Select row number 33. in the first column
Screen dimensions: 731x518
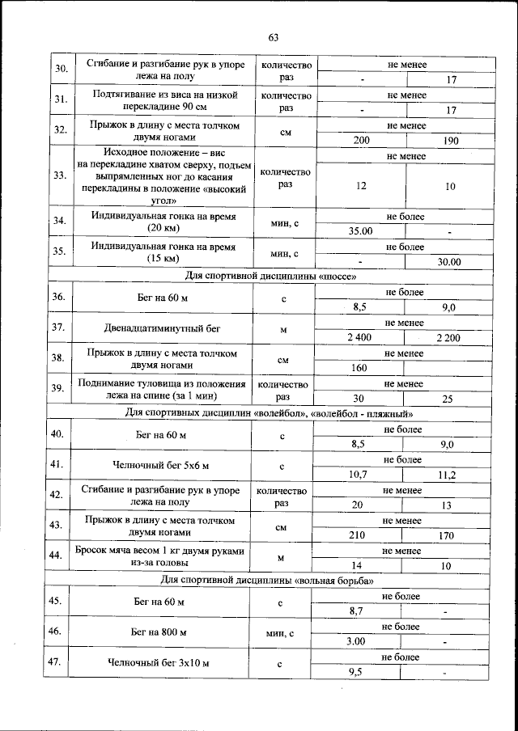[x=59, y=175]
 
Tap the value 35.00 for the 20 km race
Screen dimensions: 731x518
[x=359, y=231]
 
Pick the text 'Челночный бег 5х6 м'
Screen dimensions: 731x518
[x=160, y=466]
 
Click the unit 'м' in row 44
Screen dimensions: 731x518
[x=281, y=557]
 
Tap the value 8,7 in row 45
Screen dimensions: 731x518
[x=356, y=611]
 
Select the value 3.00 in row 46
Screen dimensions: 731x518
[x=356, y=641]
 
